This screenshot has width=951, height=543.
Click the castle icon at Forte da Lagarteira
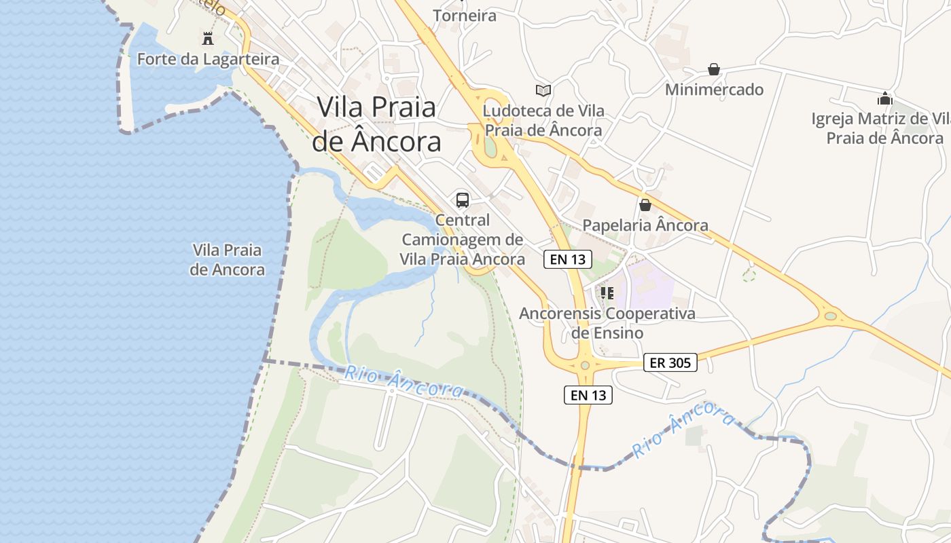point(208,38)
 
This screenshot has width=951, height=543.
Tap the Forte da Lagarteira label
point(208,59)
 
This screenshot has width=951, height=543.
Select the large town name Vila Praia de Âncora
point(376,124)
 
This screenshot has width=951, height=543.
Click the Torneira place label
point(465,15)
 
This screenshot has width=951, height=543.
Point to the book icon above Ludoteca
point(543,90)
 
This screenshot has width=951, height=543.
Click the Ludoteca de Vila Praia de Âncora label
point(543,120)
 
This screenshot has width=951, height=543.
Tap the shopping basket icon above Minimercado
point(714,69)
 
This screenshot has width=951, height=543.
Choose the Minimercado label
point(714,90)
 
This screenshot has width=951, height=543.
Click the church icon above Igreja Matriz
point(884,98)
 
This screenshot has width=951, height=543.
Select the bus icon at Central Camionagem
point(463,200)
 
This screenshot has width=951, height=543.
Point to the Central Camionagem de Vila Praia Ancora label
point(463,240)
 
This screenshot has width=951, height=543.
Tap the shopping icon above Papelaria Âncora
point(645,204)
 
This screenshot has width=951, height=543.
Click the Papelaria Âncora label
point(645,225)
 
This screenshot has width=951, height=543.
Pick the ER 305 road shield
point(670,362)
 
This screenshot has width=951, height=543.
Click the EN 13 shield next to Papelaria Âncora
point(568,259)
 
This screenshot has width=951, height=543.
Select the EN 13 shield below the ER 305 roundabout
point(588,395)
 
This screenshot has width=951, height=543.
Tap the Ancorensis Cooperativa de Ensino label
point(607,323)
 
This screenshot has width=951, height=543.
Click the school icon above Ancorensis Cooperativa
point(607,293)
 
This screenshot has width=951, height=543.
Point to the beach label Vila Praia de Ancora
point(227,260)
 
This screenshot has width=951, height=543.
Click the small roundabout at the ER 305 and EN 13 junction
point(585,365)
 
